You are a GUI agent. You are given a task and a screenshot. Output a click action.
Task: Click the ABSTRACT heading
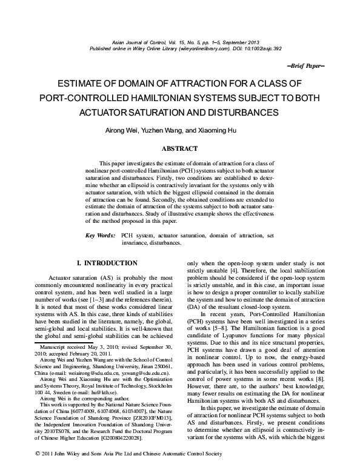pyautogui.click(x=179, y=148)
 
